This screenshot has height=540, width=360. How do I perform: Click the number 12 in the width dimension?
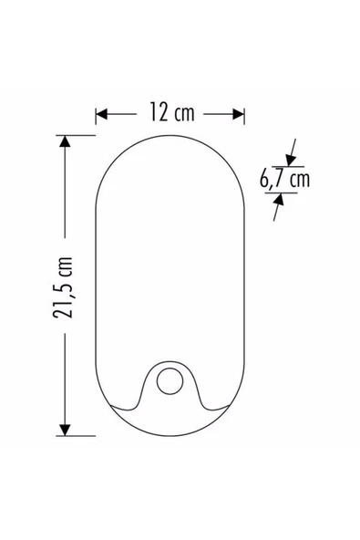pos(157,113)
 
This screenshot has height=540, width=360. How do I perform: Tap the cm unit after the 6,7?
pos(298,179)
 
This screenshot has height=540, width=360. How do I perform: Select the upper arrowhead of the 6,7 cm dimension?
pos(291,150)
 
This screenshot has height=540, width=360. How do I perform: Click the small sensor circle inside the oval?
pos(170,381)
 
